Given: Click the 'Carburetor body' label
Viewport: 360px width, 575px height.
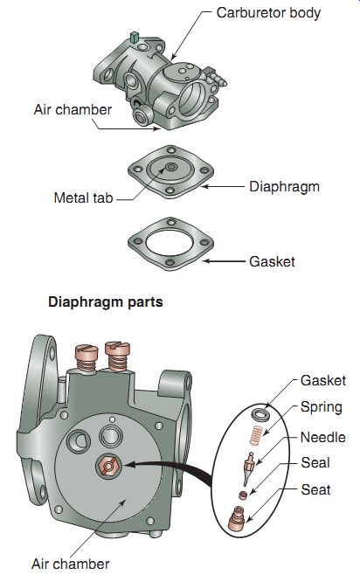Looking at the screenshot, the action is pyautogui.click(x=268, y=13).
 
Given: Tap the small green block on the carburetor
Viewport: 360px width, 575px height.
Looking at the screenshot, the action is pyautogui.click(x=135, y=37).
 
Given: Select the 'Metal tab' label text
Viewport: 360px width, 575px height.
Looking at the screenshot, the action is pyautogui.click(x=83, y=198).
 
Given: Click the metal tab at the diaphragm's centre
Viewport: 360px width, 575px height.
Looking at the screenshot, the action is pyautogui.click(x=170, y=167).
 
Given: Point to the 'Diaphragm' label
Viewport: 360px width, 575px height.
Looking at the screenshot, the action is pyautogui.click(x=285, y=187).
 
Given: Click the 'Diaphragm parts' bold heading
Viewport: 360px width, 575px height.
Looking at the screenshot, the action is pyautogui.click(x=106, y=302).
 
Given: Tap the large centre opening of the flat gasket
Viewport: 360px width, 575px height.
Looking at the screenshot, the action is pyautogui.click(x=170, y=244).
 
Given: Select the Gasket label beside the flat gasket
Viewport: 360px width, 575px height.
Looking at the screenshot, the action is pyautogui.click(x=272, y=262).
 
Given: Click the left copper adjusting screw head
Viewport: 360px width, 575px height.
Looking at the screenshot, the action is pyautogui.click(x=87, y=353).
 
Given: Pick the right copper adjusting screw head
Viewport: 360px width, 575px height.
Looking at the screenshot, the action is pyautogui.click(x=118, y=349).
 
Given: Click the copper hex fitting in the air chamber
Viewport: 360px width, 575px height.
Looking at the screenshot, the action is pyautogui.click(x=109, y=466).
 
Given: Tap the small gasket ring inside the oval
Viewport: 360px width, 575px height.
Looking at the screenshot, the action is pyautogui.click(x=260, y=414).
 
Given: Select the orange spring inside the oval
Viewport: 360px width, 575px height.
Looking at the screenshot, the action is pyautogui.click(x=256, y=435).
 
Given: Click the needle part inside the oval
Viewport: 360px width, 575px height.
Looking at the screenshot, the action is pyautogui.click(x=249, y=468).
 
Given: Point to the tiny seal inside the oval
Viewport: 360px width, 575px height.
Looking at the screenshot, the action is pyautogui.click(x=242, y=495).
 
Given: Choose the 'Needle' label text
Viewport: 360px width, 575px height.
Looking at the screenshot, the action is pyautogui.click(x=323, y=437).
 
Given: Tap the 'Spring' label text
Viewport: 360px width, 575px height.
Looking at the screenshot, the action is pyautogui.click(x=322, y=407).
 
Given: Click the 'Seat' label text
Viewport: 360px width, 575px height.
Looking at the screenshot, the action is pyautogui.click(x=315, y=489).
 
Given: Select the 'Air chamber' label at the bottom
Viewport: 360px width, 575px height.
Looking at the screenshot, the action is pyautogui.click(x=71, y=564).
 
